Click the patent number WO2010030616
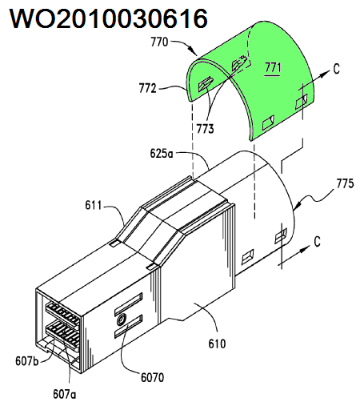[x=109, y=18]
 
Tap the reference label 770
[x=159, y=42]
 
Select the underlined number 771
[x=273, y=67]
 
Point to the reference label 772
[x=147, y=88]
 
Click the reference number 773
[x=206, y=129]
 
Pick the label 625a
[x=162, y=154]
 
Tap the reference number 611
[x=94, y=205]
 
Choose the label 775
[x=345, y=183]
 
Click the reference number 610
[x=217, y=344]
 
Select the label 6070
[x=153, y=377]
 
